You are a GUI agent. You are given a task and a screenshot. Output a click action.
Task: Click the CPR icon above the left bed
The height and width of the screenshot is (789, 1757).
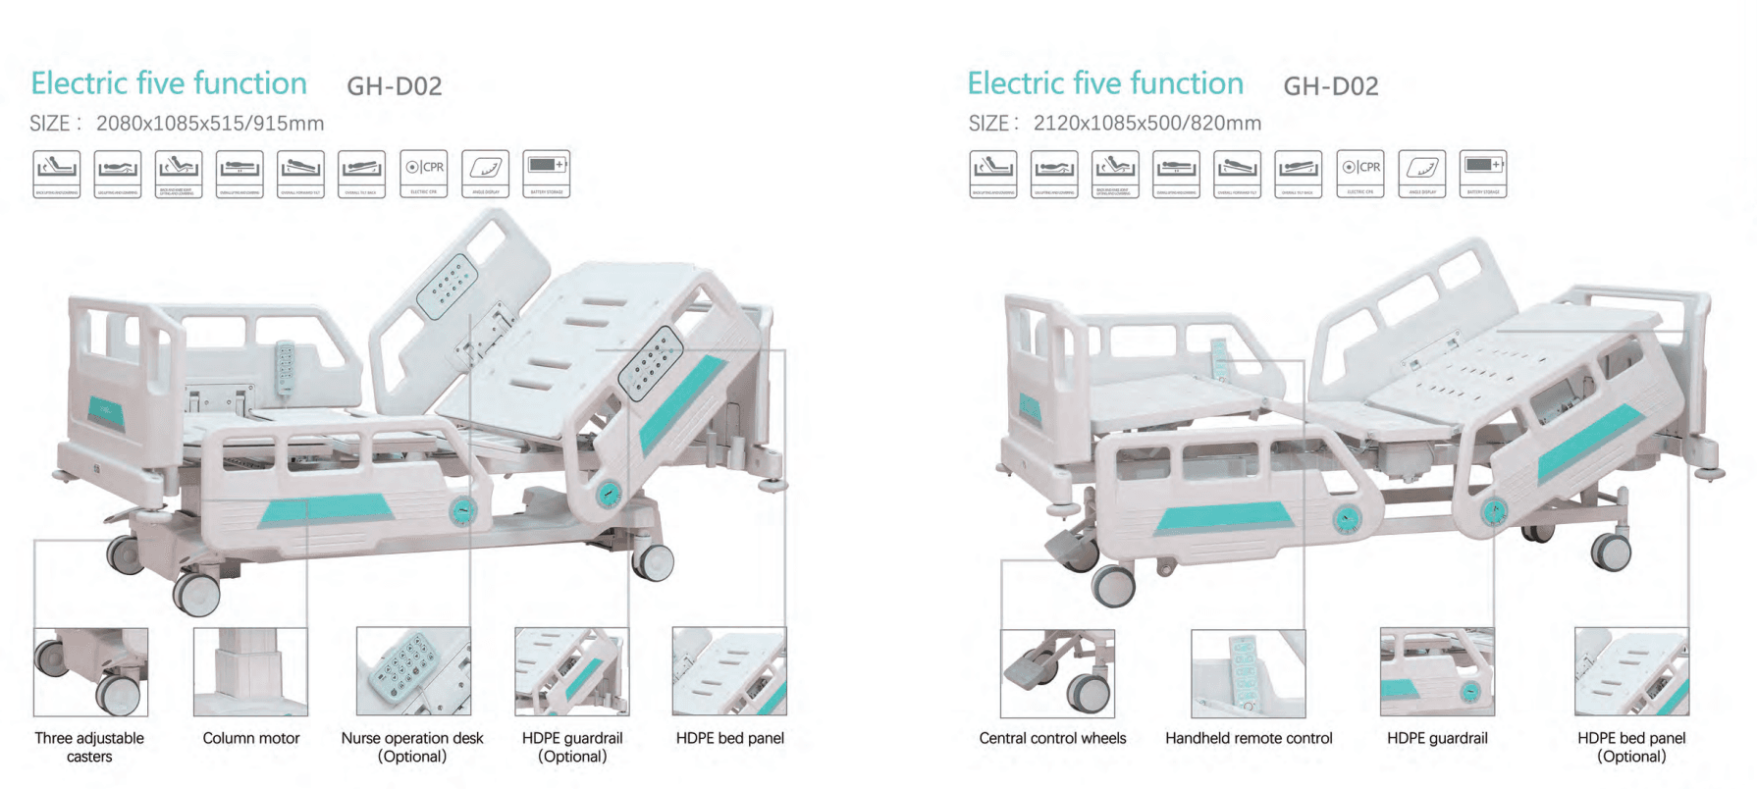[x=424, y=174]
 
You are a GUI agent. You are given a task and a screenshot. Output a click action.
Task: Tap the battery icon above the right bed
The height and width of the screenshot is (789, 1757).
[x=1482, y=174]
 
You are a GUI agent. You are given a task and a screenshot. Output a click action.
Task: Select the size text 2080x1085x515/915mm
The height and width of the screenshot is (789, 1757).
[x=210, y=124]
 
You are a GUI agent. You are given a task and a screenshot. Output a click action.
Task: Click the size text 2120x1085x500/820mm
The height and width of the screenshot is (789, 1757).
[x=1146, y=124]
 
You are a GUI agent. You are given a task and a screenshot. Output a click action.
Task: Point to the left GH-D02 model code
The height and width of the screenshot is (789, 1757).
[x=395, y=86]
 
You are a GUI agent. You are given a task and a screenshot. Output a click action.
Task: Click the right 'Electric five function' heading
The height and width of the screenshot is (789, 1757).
[x=1105, y=83]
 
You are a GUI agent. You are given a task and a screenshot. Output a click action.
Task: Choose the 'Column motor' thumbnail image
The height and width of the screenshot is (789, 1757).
[x=250, y=672]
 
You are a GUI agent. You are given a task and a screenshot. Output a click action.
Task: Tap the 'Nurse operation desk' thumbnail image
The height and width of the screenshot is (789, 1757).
[x=413, y=672]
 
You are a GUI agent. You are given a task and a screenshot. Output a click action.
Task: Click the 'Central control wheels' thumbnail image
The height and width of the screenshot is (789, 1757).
[x=1057, y=673]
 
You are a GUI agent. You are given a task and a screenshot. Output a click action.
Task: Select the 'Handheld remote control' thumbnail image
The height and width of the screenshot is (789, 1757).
[x=1248, y=673]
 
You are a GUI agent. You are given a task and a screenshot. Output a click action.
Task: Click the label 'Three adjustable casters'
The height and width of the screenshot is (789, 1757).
[x=89, y=747]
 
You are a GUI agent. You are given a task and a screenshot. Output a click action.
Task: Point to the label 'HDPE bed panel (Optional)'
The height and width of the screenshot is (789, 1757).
[x=1631, y=747]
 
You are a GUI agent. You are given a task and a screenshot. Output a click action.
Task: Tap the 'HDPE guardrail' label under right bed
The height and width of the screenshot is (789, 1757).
[x=1437, y=738]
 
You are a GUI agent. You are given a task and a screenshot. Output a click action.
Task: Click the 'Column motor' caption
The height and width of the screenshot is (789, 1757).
[x=251, y=738]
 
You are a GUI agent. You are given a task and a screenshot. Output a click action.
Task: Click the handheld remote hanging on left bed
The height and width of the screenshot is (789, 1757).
[x=285, y=369]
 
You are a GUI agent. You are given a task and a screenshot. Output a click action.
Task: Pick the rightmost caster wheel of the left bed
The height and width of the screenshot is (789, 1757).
[x=653, y=561]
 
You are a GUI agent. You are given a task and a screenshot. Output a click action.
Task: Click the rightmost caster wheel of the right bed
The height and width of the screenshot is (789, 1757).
[x=1611, y=552]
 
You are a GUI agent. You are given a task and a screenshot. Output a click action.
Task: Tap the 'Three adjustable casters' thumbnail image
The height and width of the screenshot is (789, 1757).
[x=90, y=672]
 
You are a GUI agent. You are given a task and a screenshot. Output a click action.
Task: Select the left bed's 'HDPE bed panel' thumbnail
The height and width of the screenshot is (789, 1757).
[x=729, y=672]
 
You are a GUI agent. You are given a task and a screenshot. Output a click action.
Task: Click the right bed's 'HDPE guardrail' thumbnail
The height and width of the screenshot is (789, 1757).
[x=1437, y=673]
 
